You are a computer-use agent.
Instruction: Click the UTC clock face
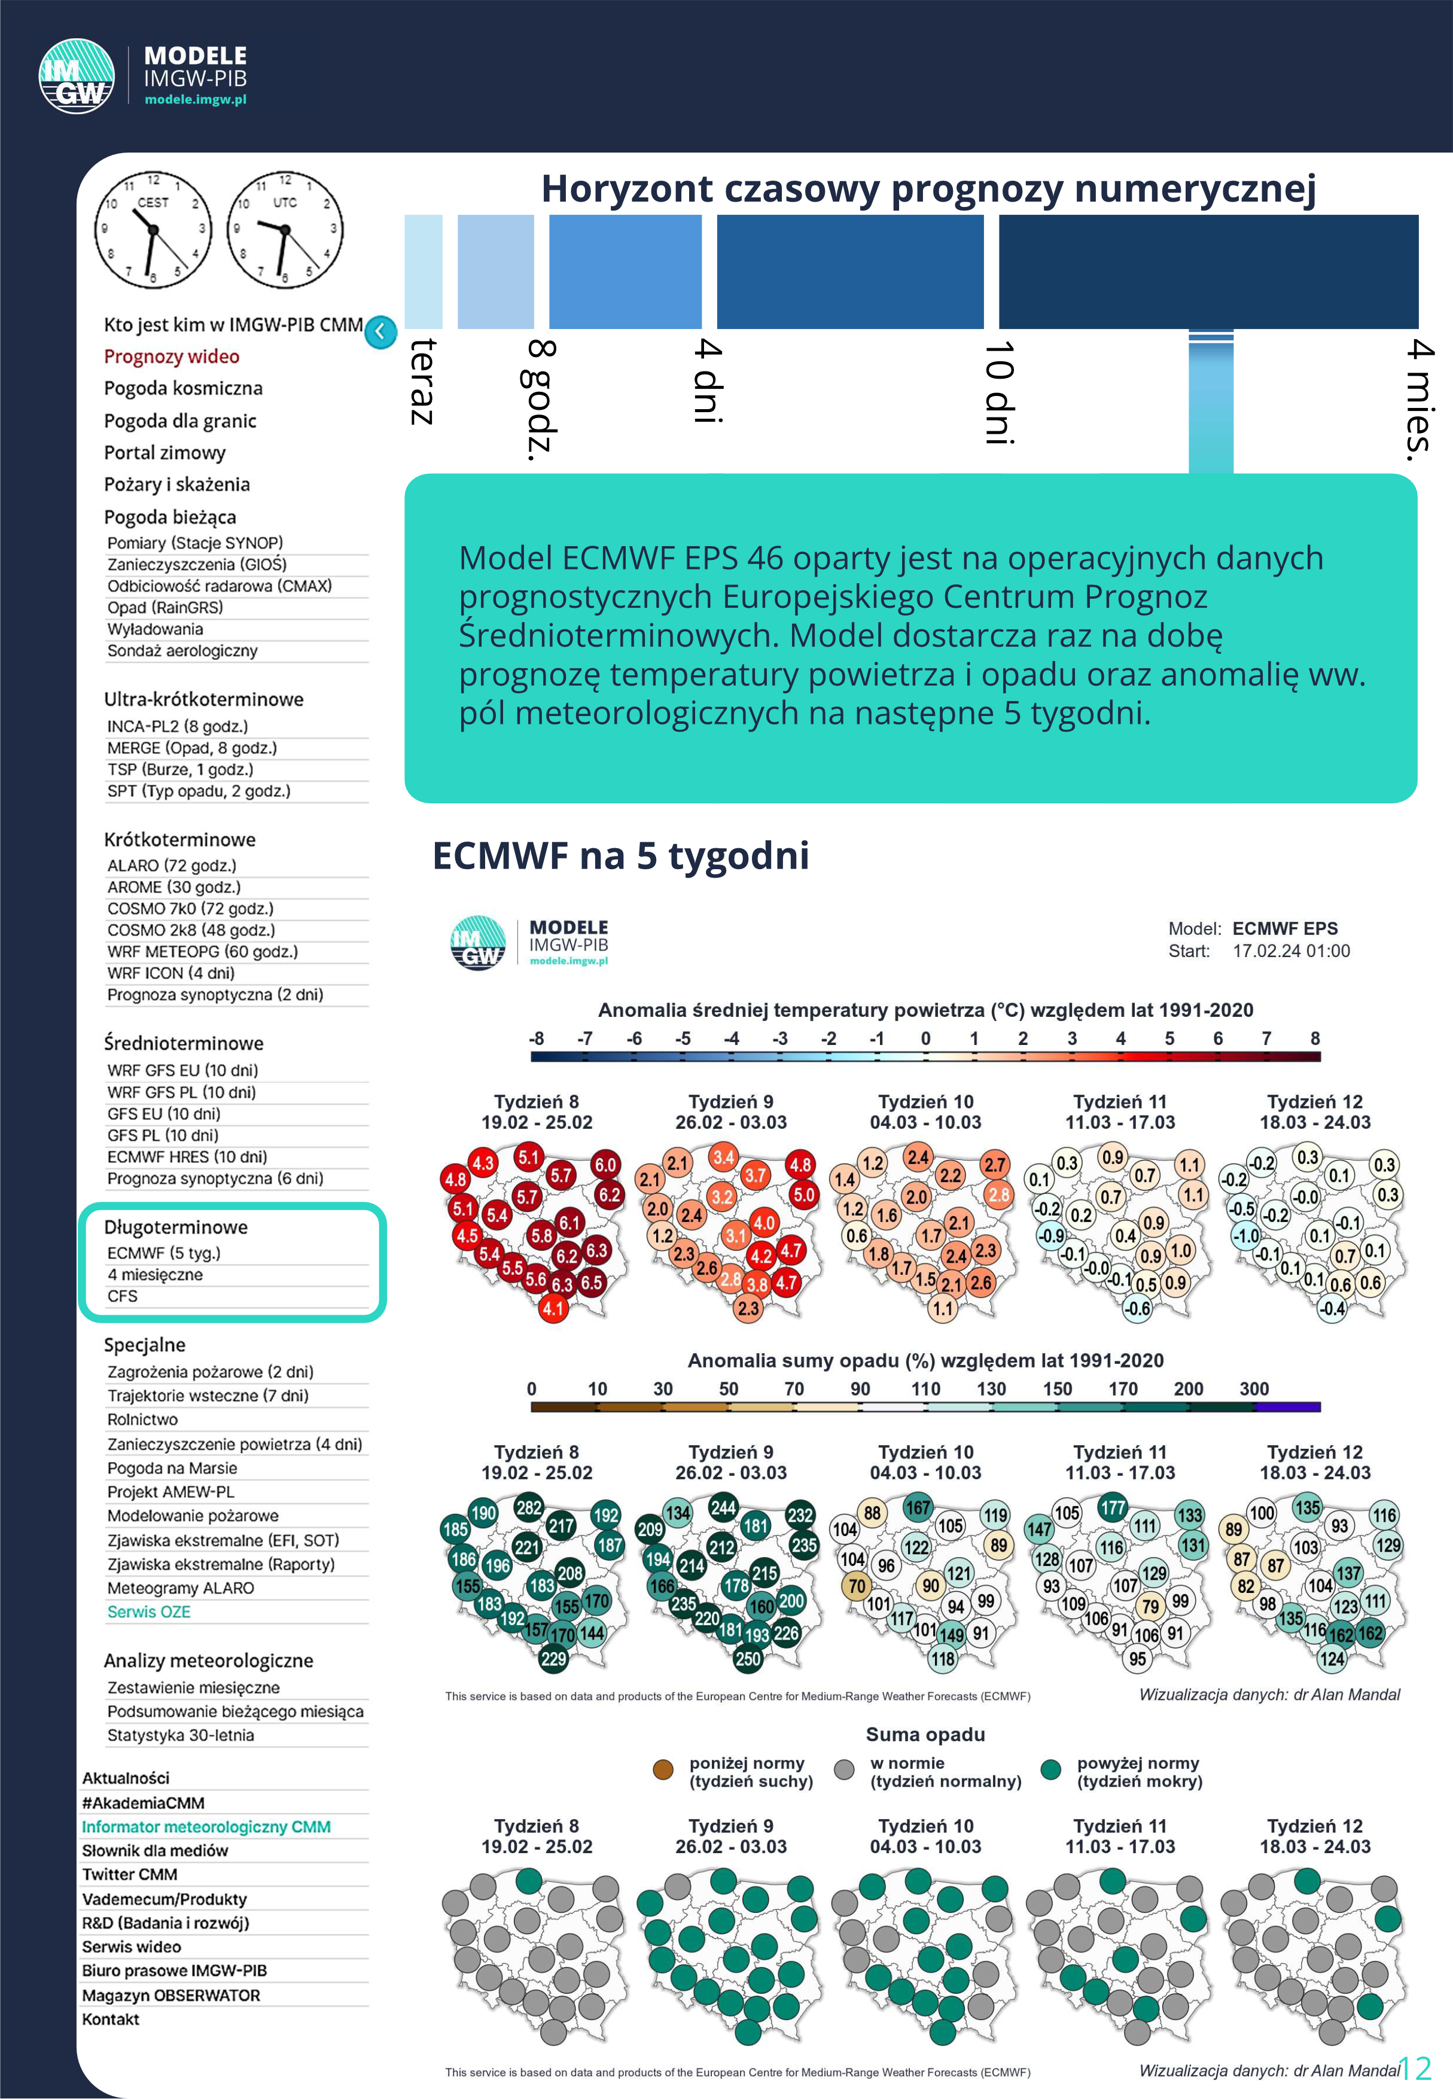click(284, 229)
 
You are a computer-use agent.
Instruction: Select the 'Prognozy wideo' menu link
click(171, 357)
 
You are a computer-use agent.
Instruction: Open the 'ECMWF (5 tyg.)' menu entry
click(164, 1253)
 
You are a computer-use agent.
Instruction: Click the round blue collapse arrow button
click(380, 332)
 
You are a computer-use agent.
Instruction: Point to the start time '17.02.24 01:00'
click(1291, 951)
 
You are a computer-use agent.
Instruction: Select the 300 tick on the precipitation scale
click(1254, 1389)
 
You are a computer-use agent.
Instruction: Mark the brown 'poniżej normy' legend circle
click(663, 1769)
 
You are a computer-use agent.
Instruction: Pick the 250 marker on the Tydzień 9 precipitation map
click(748, 1659)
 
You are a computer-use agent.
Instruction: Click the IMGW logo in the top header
click(77, 77)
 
